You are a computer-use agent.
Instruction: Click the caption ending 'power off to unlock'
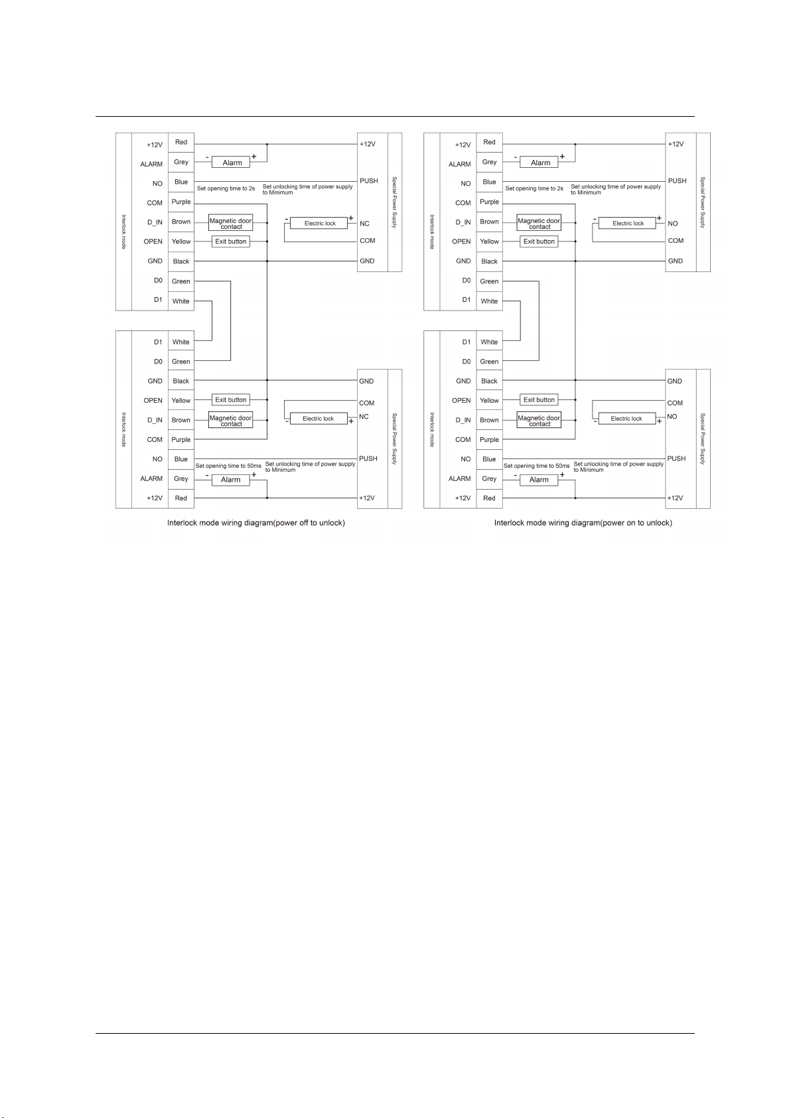256,523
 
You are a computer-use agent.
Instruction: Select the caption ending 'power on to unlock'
583,523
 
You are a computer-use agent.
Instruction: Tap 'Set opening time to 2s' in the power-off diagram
226,188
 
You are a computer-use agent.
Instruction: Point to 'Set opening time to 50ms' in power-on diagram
536,466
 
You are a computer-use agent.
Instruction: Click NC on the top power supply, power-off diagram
364,224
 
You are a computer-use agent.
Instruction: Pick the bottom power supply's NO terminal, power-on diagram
672,416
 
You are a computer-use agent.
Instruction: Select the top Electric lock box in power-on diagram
627,223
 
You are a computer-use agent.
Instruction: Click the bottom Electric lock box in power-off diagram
318,418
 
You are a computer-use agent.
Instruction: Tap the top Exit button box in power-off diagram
230,242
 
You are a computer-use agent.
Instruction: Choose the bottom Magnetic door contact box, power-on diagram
539,420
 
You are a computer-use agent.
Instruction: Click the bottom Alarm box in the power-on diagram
539,480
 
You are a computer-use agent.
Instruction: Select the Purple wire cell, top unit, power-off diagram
181,202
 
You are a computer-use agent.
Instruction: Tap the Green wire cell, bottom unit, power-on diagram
490,362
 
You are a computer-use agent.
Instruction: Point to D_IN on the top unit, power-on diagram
463,222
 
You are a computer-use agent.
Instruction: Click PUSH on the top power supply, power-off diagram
369,180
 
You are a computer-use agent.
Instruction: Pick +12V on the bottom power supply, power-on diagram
675,498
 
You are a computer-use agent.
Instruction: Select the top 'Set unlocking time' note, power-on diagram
616,189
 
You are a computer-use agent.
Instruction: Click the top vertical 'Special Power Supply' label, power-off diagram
394,202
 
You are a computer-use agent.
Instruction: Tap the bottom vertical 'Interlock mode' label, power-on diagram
432,430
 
